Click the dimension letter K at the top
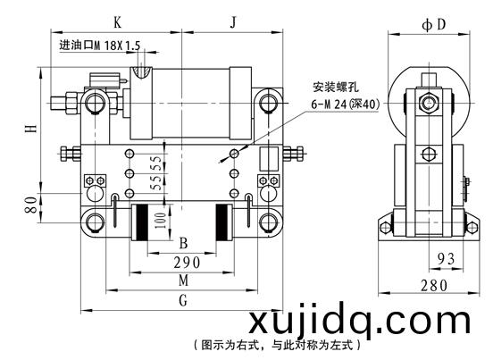point(117,22)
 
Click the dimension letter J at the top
point(233,22)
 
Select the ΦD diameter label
point(433,24)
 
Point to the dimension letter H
point(31,129)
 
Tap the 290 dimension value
point(187,263)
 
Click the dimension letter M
point(184,280)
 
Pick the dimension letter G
point(183,300)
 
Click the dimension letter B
point(183,243)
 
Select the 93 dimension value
point(447,259)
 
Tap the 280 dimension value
point(434,286)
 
